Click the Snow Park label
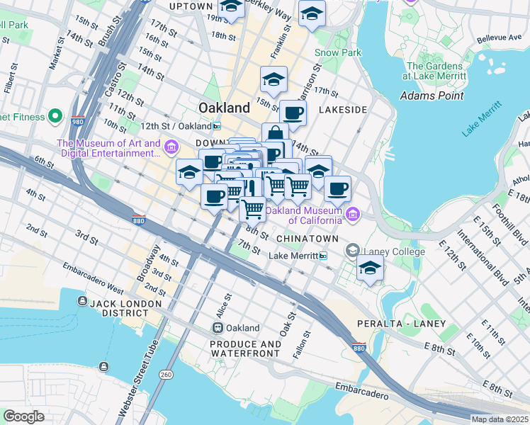point(338,52)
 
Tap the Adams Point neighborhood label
point(432,96)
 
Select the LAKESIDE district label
point(343,110)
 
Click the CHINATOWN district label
point(307,239)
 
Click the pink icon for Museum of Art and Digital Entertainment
point(171,147)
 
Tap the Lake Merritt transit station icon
point(323,256)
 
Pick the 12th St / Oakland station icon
point(217,126)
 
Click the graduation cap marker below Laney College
point(370,268)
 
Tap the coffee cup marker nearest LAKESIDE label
point(293,112)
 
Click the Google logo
point(23,416)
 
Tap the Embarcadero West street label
point(93,278)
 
